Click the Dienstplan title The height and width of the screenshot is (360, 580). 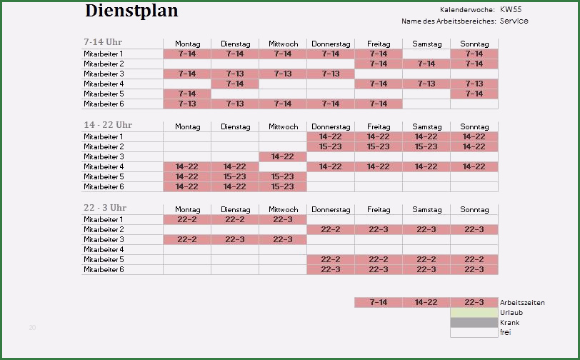tap(131, 11)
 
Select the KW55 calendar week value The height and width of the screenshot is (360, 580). tap(510, 9)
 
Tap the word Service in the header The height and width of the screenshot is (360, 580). tap(514, 21)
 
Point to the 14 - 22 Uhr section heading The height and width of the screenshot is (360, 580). tap(108, 125)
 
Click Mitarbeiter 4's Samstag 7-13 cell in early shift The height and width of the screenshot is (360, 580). tap(426, 84)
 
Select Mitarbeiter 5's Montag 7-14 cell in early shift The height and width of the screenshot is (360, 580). tap(187, 94)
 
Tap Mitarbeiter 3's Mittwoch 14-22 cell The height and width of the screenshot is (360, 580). tap(283, 156)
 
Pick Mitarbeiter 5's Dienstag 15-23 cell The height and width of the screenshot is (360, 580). tap(235, 176)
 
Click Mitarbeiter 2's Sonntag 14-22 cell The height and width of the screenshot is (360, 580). tap(474, 146)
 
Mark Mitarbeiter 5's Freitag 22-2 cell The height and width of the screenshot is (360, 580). tap(379, 259)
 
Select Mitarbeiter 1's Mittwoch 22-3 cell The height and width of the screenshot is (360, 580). tap(283, 219)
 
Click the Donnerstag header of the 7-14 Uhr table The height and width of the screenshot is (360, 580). tap(331, 44)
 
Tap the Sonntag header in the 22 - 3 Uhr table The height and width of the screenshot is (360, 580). tap(474, 209)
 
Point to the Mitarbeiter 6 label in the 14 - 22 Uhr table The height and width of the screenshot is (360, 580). tap(104, 186)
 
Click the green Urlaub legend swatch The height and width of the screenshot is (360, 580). tap(474, 312)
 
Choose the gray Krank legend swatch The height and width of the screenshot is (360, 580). tap(474, 322)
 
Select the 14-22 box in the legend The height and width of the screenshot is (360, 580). tap(426, 302)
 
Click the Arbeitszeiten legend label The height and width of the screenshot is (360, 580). tap(522, 302)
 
